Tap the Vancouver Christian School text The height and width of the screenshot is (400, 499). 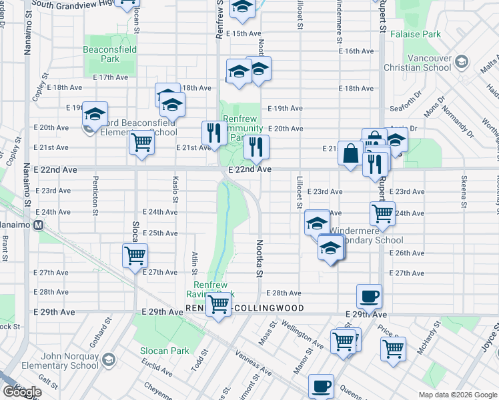(418, 63)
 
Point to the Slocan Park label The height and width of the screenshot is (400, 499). (164, 351)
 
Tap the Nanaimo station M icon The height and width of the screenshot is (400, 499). (39, 225)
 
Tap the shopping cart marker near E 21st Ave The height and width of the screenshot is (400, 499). (141, 142)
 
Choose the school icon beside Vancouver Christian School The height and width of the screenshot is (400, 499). (461, 63)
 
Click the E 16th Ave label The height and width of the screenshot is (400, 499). (356, 51)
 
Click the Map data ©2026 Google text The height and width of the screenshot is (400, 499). (457, 395)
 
